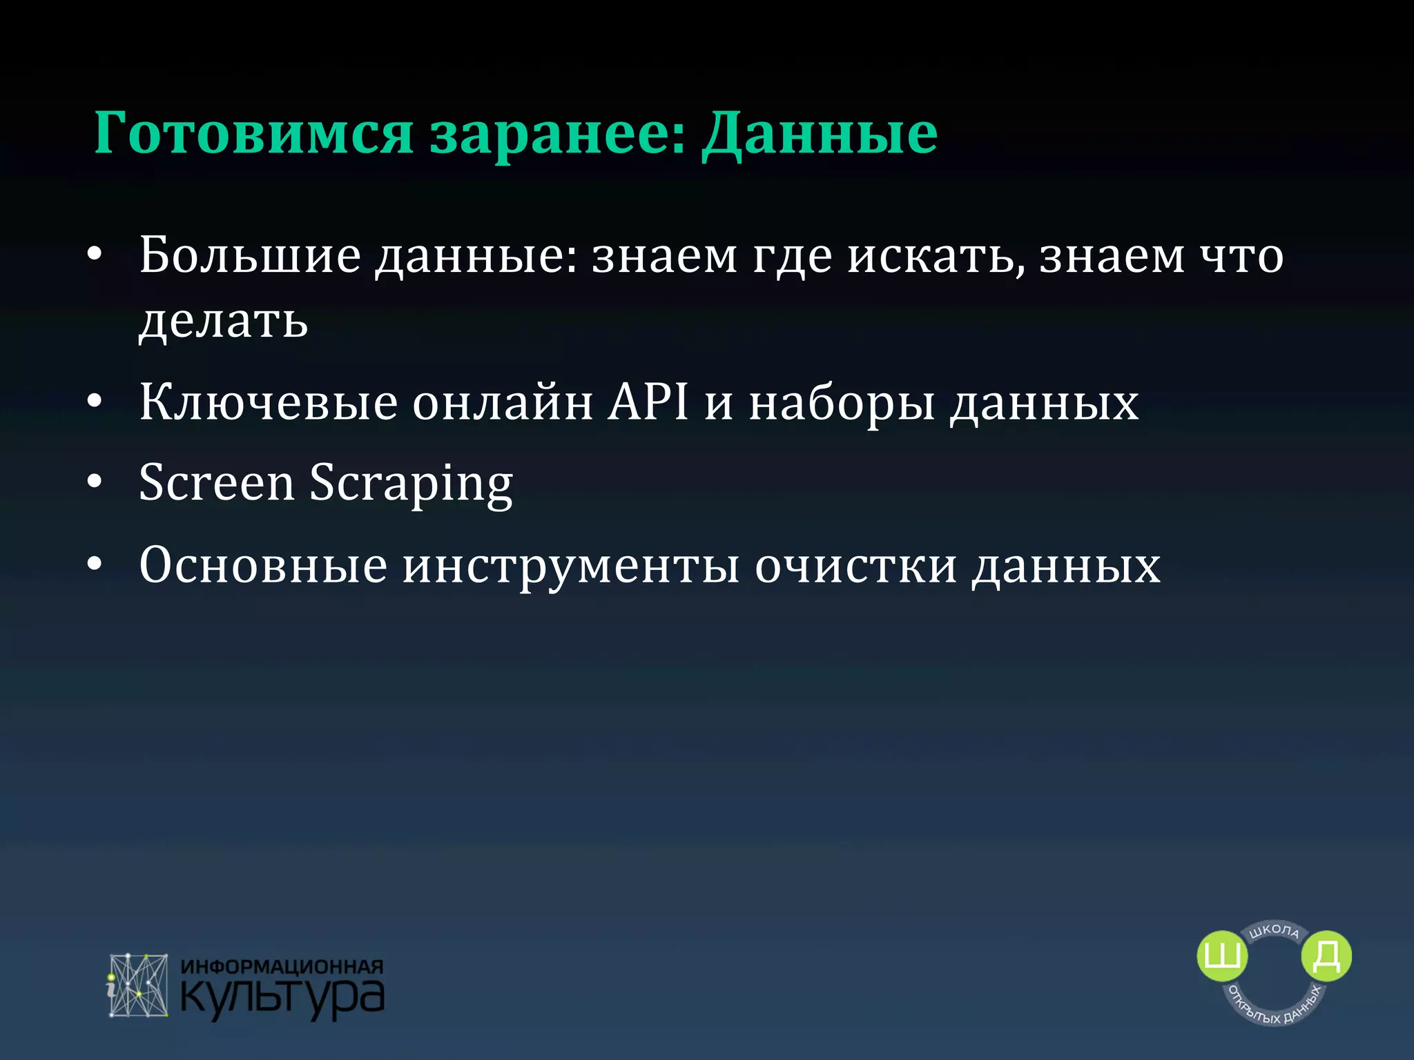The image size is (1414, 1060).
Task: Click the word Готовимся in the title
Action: click(253, 133)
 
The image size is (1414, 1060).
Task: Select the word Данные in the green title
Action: click(820, 133)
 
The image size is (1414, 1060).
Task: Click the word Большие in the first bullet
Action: click(250, 256)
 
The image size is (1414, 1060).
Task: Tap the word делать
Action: click(223, 321)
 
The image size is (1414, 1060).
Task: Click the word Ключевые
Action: click(269, 402)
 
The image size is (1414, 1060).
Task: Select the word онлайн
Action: click(503, 402)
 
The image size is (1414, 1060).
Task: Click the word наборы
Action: click(842, 402)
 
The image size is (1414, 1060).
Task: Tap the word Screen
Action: click(217, 482)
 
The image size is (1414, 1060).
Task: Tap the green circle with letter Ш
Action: click(1222, 956)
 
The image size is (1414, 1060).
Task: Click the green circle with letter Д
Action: click(1326, 956)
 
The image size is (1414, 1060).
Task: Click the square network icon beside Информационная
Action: click(138, 985)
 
